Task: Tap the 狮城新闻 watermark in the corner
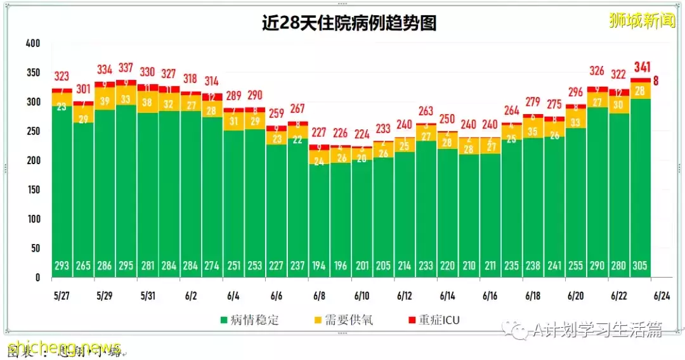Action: (641, 20)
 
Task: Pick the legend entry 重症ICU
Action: (434, 320)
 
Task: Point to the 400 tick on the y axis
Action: (32, 43)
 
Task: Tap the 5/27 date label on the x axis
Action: (61, 296)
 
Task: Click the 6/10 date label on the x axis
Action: (362, 296)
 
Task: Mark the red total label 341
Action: (641, 67)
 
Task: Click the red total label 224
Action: (362, 134)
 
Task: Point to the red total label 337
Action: (126, 68)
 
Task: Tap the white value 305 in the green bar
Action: (640, 266)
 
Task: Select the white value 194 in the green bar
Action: (319, 266)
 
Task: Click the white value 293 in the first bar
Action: (62, 266)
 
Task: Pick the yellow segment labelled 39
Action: (105, 101)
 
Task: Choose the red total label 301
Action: (83, 89)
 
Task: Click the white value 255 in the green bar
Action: (576, 266)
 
